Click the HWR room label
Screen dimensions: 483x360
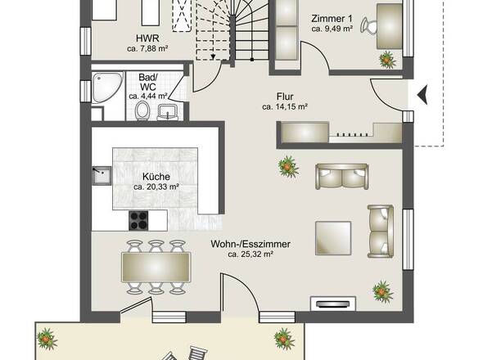(147, 38)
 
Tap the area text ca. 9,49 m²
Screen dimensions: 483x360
(332, 29)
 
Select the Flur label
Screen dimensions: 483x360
(285, 97)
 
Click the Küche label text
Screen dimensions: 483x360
(156, 177)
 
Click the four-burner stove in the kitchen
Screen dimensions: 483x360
(138, 221)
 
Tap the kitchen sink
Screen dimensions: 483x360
(102, 176)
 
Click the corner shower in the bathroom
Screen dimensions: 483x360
(107, 88)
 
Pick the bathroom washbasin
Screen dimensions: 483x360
(168, 112)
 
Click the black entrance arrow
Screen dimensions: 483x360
(422, 95)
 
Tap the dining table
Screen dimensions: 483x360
(156, 268)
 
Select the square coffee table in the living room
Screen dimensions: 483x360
(333, 238)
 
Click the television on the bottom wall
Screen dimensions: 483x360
(333, 304)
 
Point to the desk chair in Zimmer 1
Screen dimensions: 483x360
(368, 25)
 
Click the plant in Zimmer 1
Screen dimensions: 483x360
(387, 60)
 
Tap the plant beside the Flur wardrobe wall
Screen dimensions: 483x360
(288, 167)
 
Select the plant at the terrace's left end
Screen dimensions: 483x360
(47, 339)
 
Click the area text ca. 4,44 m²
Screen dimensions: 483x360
(148, 96)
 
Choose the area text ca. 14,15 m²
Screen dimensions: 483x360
(285, 107)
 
